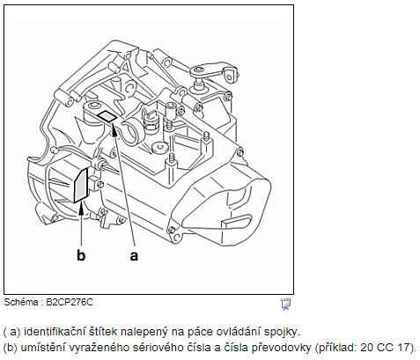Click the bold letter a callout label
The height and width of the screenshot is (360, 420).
[x=134, y=256]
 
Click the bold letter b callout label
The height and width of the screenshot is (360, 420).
[x=81, y=255]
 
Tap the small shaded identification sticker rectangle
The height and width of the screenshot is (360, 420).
[x=107, y=116]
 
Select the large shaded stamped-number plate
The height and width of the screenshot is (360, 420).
[x=81, y=186]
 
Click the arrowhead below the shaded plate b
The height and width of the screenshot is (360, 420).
[x=81, y=209]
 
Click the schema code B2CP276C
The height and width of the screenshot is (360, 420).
[x=70, y=302]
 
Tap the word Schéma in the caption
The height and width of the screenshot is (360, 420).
[x=21, y=302]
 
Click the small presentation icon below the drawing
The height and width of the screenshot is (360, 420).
[x=285, y=304]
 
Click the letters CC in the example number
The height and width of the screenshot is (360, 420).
[x=385, y=348]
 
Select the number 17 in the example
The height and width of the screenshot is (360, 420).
[x=403, y=348]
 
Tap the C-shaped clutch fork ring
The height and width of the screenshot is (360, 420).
[x=131, y=131]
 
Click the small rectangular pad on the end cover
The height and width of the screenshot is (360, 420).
[x=237, y=221]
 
